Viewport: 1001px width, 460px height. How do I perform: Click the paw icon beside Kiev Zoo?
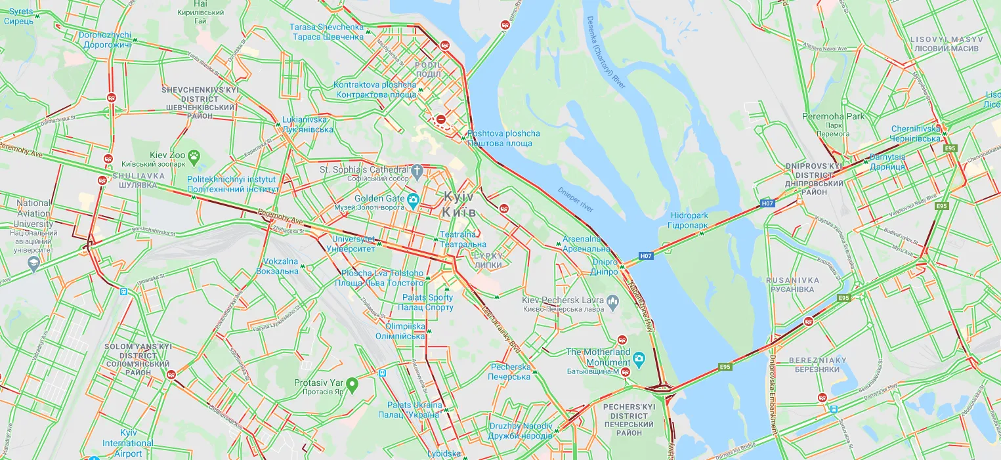click(x=194, y=156)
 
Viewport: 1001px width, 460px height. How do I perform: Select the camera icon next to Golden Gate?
click(x=413, y=200)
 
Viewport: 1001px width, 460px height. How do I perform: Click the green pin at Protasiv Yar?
click(x=352, y=383)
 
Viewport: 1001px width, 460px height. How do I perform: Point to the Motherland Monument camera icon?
click(x=639, y=358)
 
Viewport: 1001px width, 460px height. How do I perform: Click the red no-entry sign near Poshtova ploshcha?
click(x=442, y=119)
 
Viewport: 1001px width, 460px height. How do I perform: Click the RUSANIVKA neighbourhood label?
click(x=793, y=285)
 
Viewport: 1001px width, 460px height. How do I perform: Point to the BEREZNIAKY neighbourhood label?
click(x=817, y=365)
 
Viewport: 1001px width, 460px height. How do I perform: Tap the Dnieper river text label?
click(x=576, y=200)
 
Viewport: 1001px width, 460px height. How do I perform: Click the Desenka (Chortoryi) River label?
click(x=607, y=53)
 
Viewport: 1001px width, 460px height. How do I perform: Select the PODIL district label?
click(x=428, y=70)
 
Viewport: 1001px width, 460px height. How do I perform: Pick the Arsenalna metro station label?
click(x=586, y=244)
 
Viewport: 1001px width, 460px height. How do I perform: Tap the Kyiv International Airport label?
click(x=128, y=443)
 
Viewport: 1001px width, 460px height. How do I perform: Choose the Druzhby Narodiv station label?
click(x=521, y=431)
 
